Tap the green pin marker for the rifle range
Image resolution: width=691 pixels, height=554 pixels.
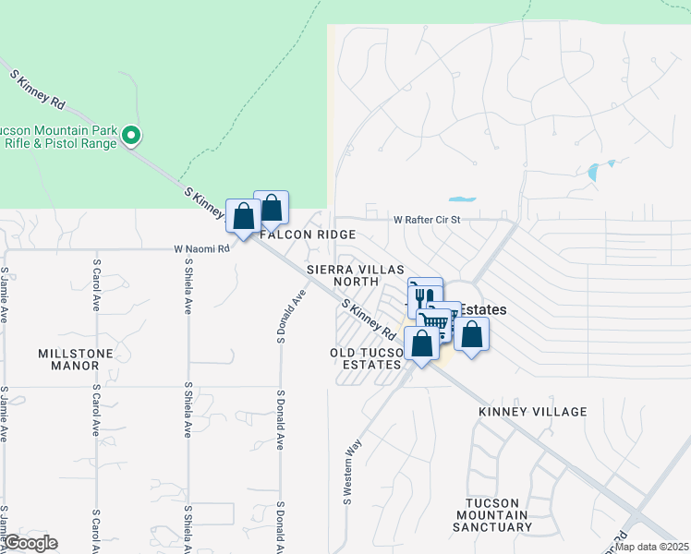(x=131, y=137)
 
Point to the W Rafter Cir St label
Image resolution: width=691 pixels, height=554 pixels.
(x=426, y=221)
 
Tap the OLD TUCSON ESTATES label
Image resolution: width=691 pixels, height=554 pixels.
(x=367, y=358)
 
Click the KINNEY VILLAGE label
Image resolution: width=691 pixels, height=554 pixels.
(x=533, y=411)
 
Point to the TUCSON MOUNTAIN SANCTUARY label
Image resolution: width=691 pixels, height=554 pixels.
(x=491, y=515)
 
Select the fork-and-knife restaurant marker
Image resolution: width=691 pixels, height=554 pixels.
(x=424, y=297)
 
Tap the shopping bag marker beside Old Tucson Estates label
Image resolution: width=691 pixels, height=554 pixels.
(x=421, y=343)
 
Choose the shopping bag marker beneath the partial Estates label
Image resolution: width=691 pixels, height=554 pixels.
(x=471, y=334)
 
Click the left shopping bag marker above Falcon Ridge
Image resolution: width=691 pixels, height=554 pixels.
(x=243, y=217)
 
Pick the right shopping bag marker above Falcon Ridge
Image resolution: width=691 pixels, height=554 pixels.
(x=272, y=208)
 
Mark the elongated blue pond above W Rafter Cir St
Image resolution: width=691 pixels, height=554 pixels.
(x=461, y=199)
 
